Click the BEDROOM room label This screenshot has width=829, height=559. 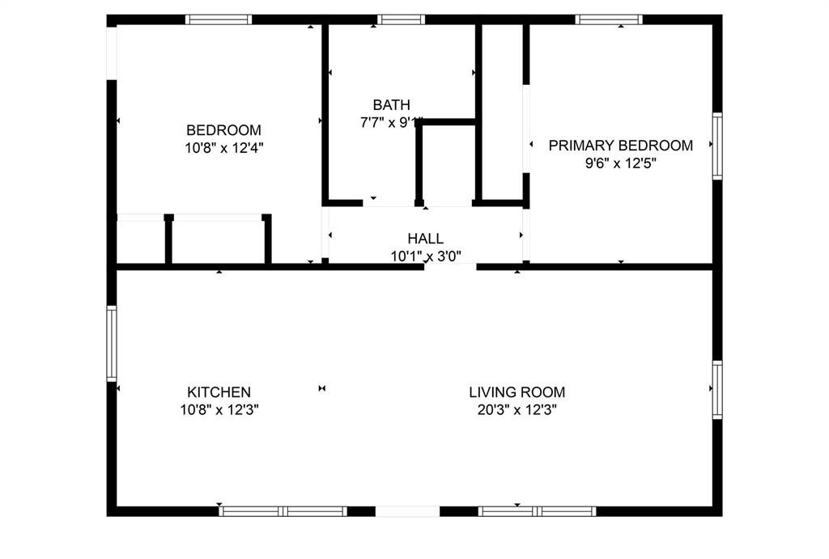click(x=223, y=130)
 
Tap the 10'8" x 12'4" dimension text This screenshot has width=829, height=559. click(x=223, y=147)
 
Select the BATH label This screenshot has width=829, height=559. click(x=391, y=105)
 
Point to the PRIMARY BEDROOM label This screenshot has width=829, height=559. click(x=620, y=146)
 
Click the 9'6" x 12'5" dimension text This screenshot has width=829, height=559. click(x=620, y=163)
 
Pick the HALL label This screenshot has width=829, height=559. click(x=425, y=239)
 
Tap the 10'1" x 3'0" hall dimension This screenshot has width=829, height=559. click(x=425, y=256)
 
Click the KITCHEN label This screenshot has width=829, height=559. click(x=219, y=392)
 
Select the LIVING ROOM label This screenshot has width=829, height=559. click(x=517, y=392)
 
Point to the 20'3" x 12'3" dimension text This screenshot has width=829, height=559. click(x=517, y=409)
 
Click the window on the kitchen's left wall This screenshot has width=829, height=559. click(x=112, y=343)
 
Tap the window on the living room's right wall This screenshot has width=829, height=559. click(x=717, y=389)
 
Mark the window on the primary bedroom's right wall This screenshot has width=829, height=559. click(x=717, y=146)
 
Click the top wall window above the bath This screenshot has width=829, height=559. click(x=401, y=19)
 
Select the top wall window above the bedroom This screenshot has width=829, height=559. click(x=218, y=19)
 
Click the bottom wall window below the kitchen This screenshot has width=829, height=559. click(x=283, y=511)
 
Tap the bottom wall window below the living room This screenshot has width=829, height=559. click(x=537, y=511)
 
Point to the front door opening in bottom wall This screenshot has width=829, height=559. click(x=407, y=511)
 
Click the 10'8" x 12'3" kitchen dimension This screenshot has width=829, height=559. click(x=219, y=409)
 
